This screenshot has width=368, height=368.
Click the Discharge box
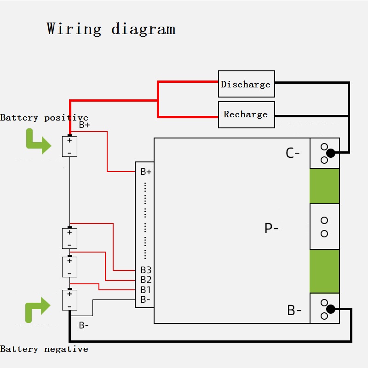[x=246, y=84]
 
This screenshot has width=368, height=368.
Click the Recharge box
[x=246, y=115]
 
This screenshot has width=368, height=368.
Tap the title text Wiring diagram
[x=111, y=29]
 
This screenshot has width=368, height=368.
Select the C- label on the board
[x=293, y=153]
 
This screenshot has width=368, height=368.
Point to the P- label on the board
[x=271, y=228]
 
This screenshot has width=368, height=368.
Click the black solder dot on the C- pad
[x=331, y=153]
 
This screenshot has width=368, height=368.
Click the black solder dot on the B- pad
[x=331, y=309]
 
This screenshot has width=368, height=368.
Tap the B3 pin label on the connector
[x=146, y=270]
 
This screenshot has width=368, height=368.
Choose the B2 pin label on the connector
[x=146, y=280]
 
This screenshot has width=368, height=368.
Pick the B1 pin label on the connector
[x=146, y=290]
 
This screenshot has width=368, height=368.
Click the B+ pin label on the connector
[x=146, y=172]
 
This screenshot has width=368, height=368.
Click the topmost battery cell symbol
[x=69, y=146]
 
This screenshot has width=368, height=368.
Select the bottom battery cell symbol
[x=69, y=300]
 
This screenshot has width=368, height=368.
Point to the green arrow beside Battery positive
[x=38, y=141]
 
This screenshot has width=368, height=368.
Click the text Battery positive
[x=44, y=118]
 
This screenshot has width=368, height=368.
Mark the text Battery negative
[x=44, y=349]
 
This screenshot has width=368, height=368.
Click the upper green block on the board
[x=324, y=186]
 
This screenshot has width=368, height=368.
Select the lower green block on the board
[x=324, y=271]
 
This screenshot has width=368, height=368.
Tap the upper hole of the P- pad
[x=324, y=220]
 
